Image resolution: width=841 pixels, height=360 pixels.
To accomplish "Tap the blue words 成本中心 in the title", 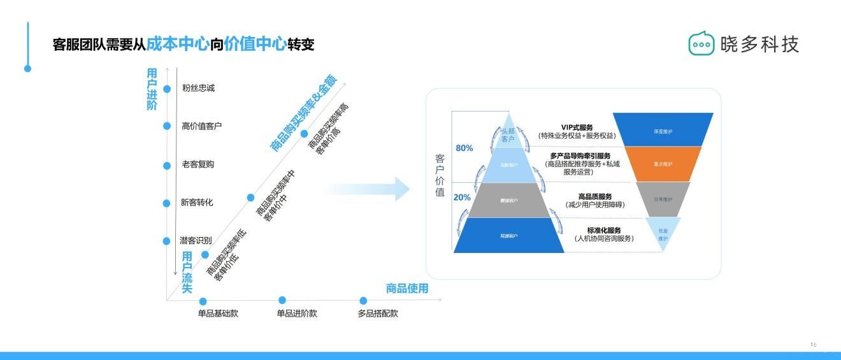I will pyautogui.click(x=178, y=45).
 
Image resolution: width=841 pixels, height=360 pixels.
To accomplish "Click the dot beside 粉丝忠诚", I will pyautogui.click(x=167, y=89).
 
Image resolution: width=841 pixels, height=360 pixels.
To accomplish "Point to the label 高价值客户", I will pyautogui.click(x=201, y=126).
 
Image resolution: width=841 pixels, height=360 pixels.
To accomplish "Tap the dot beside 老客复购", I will pyautogui.click(x=167, y=166).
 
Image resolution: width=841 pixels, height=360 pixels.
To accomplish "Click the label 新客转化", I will pyautogui.click(x=197, y=203).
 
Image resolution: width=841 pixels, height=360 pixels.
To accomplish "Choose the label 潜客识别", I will pyautogui.click(x=197, y=240).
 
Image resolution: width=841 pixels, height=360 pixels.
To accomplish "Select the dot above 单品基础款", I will pyautogui.click(x=203, y=301).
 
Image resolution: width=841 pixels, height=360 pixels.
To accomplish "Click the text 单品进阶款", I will pyautogui.click(x=296, y=313).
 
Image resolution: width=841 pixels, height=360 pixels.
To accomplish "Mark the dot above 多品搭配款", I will pyautogui.click(x=363, y=301).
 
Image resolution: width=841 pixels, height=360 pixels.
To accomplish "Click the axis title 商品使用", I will pyautogui.click(x=407, y=289).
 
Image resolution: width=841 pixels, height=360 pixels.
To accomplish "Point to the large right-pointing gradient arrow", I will pyautogui.click(x=370, y=189).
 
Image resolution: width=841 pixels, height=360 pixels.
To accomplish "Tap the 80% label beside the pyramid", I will pyautogui.click(x=464, y=148).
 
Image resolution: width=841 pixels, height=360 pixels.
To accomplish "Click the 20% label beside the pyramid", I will pyautogui.click(x=463, y=198).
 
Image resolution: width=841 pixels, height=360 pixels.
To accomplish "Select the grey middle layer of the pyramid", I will pyautogui.click(x=508, y=200).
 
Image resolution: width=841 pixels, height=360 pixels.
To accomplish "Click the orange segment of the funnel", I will pyautogui.click(x=663, y=164).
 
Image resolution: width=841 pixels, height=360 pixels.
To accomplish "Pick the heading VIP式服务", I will pyautogui.click(x=577, y=127).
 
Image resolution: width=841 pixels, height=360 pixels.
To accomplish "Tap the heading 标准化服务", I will pyautogui.click(x=603, y=230).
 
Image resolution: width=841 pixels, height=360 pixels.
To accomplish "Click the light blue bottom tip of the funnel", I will pyautogui.click(x=663, y=234).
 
